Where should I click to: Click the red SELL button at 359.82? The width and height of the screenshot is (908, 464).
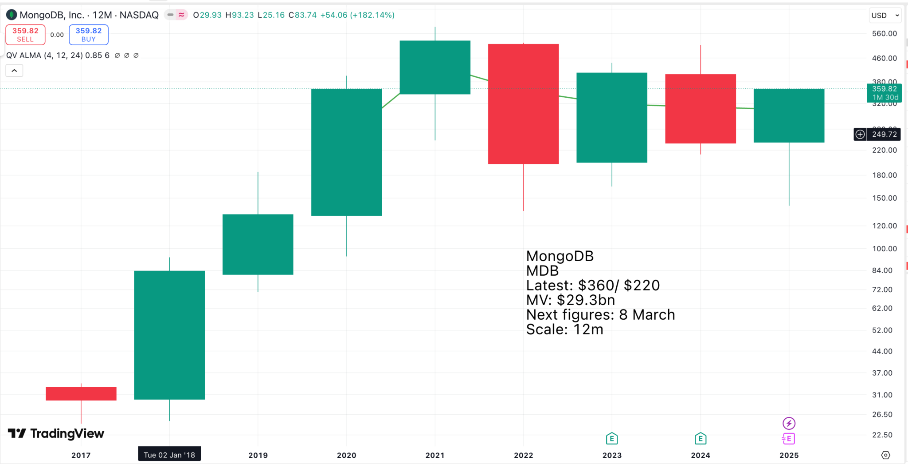point(25,35)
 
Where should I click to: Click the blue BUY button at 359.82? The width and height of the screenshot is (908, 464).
point(89,35)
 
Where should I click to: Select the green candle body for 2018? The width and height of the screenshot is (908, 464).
point(169,335)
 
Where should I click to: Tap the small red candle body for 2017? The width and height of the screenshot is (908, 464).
point(81,394)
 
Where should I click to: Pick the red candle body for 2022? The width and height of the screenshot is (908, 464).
point(523,104)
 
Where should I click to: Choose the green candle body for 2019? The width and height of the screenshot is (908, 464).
point(258,244)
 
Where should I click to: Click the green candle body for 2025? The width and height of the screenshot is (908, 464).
point(789,115)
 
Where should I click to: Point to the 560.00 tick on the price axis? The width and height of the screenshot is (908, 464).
point(884,34)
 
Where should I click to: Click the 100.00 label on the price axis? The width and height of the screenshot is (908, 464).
point(884,249)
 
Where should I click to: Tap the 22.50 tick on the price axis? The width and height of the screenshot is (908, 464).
point(882,435)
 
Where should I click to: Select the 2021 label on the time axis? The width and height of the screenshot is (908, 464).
point(435,455)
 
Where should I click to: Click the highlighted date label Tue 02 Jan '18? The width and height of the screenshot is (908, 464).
point(169,455)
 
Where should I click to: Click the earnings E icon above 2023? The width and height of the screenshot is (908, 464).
point(612,439)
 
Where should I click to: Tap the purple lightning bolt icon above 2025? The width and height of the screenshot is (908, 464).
point(789,423)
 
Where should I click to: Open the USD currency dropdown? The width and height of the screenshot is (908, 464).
point(885,16)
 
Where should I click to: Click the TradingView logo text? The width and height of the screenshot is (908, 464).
point(67,433)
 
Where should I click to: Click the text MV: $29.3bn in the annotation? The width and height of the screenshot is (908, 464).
point(570,300)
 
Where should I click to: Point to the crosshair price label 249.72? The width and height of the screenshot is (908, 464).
point(884,134)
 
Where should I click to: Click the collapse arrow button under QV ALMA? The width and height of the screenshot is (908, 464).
point(14,71)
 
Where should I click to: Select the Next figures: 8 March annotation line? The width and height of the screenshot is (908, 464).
point(600,315)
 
